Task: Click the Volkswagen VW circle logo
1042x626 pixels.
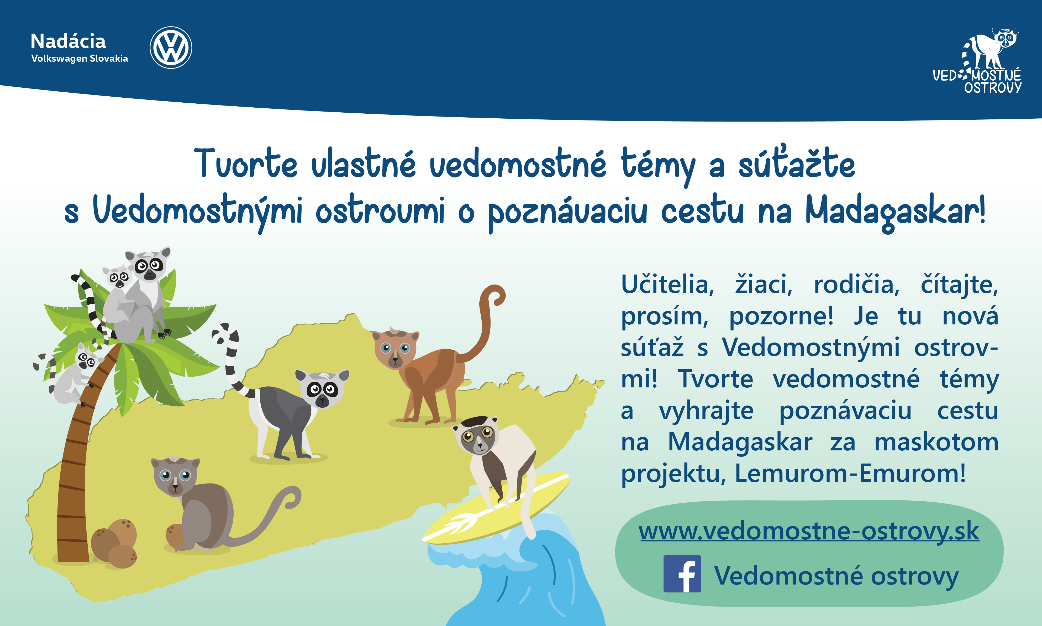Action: (171, 47)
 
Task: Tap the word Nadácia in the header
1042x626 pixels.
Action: (68, 41)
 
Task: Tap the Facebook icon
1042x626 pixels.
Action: (682, 574)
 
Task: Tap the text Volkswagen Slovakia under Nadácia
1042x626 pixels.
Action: (80, 59)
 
